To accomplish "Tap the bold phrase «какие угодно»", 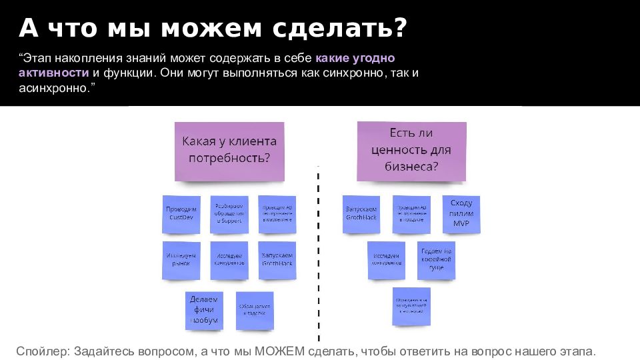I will [355, 58].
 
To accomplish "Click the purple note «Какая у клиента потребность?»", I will [229, 151].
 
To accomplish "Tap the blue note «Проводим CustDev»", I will [181, 214].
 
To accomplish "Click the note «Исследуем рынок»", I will [181, 259].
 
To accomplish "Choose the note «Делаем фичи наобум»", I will [203, 310].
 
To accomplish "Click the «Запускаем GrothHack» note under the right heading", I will [361, 214].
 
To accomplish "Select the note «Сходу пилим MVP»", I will [461, 213].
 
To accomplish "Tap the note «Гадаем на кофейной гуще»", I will [437, 259].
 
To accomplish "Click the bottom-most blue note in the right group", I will [411, 306].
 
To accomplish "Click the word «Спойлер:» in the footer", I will [43, 351].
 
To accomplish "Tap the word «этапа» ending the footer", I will [576, 351].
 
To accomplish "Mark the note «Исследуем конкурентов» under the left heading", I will [229, 259].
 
